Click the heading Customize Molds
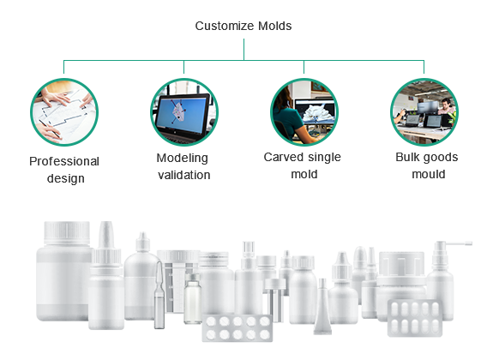click(243, 26)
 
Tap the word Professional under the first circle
click(64, 161)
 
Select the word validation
click(184, 175)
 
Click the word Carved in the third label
click(281, 157)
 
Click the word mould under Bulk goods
click(429, 174)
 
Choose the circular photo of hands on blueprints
click(64, 112)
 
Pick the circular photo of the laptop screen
click(184, 112)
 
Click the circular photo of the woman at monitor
click(304, 112)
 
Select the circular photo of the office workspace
click(424, 112)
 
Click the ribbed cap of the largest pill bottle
click(67, 232)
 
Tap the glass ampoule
click(159, 295)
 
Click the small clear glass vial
click(193, 298)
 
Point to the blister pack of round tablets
click(237, 328)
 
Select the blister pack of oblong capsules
click(415, 318)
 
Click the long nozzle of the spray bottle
click(457, 243)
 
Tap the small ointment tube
click(322, 307)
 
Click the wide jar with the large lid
click(401, 285)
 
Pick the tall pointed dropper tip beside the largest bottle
click(106, 235)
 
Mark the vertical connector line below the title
click(243, 50)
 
